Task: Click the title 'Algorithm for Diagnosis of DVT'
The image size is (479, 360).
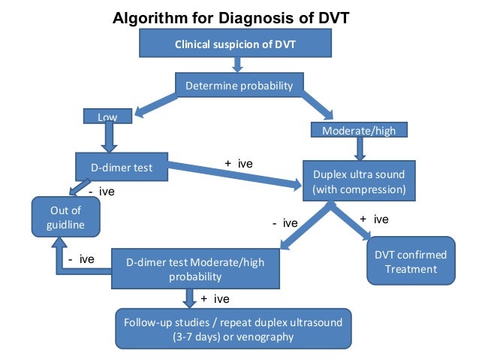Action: pos(230,17)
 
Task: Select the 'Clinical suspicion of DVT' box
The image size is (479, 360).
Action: pos(235,44)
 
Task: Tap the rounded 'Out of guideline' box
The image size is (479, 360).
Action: pos(65,218)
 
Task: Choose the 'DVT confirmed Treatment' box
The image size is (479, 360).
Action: pos(410,262)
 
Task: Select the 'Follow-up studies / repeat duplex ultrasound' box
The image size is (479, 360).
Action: pos(233,329)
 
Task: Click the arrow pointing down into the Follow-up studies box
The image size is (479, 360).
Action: pos(188,298)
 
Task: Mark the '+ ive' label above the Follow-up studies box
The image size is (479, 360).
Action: pos(215,299)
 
